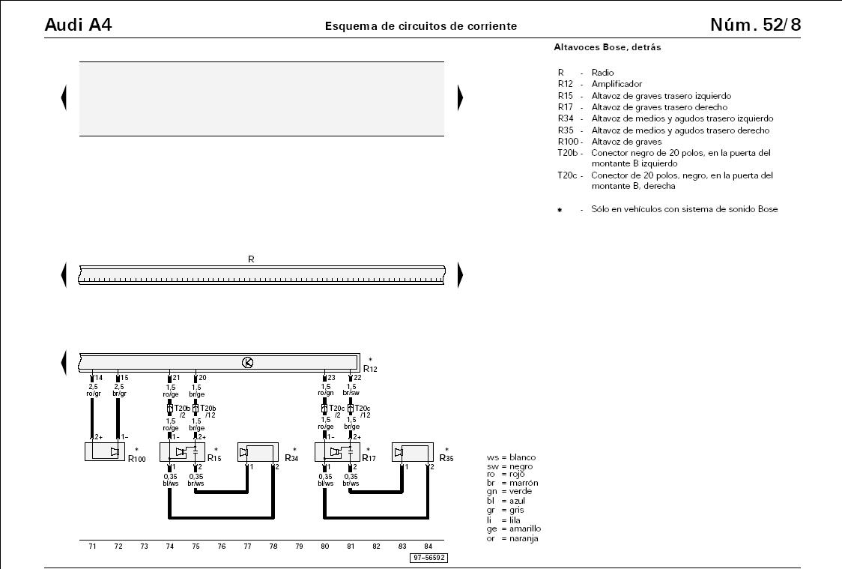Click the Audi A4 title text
tap(79, 25)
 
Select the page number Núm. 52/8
tap(755, 25)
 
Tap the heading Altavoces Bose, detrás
tap(608, 47)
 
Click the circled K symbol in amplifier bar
tap(247, 363)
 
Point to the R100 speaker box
tap(105, 451)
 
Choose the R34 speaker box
tap(258, 452)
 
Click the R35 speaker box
tap(413, 452)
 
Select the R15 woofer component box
tap(182, 452)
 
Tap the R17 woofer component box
tap(337, 452)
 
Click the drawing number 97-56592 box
tap(428, 558)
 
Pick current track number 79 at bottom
tap(299, 547)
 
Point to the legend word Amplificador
tap(617, 84)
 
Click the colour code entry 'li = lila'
tap(503, 520)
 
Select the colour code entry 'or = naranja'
tap(512, 538)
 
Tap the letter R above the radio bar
tap(251, 259)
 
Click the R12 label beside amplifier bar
tap(370, 369)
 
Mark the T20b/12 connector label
tap(208, 412)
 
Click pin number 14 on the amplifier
tap(99, 378)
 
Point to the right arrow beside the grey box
tap(460, 97)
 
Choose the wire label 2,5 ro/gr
tap(94, 390)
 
